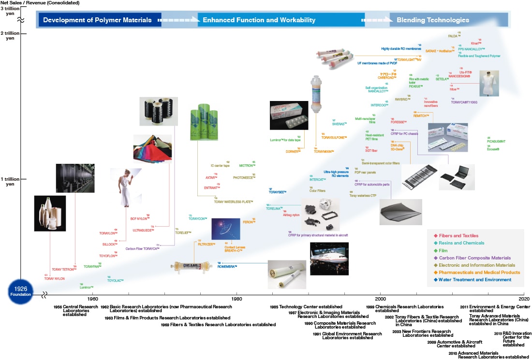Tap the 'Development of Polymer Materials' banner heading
[x=97, y=20]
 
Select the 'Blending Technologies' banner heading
[x=432, y=20]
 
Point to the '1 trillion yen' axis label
[x=10, y=182]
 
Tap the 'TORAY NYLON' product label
[x=54, y=279]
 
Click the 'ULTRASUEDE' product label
[x=143, y=230]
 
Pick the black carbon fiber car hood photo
[x=400, y=212]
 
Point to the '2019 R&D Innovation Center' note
[x=513, y=339]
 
